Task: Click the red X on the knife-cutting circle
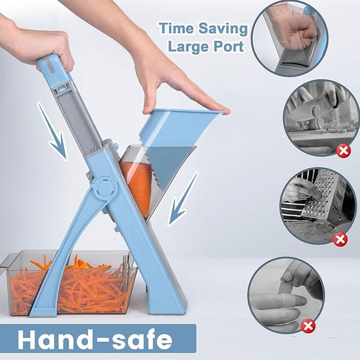344,151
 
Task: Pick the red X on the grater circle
340,239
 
